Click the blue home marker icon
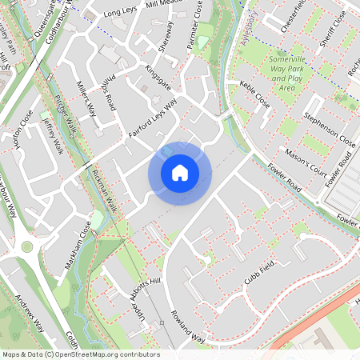(180, 173)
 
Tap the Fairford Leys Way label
(152, 121)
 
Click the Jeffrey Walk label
(53, 135)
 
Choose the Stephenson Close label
(329, 130)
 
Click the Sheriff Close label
(330, 26)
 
